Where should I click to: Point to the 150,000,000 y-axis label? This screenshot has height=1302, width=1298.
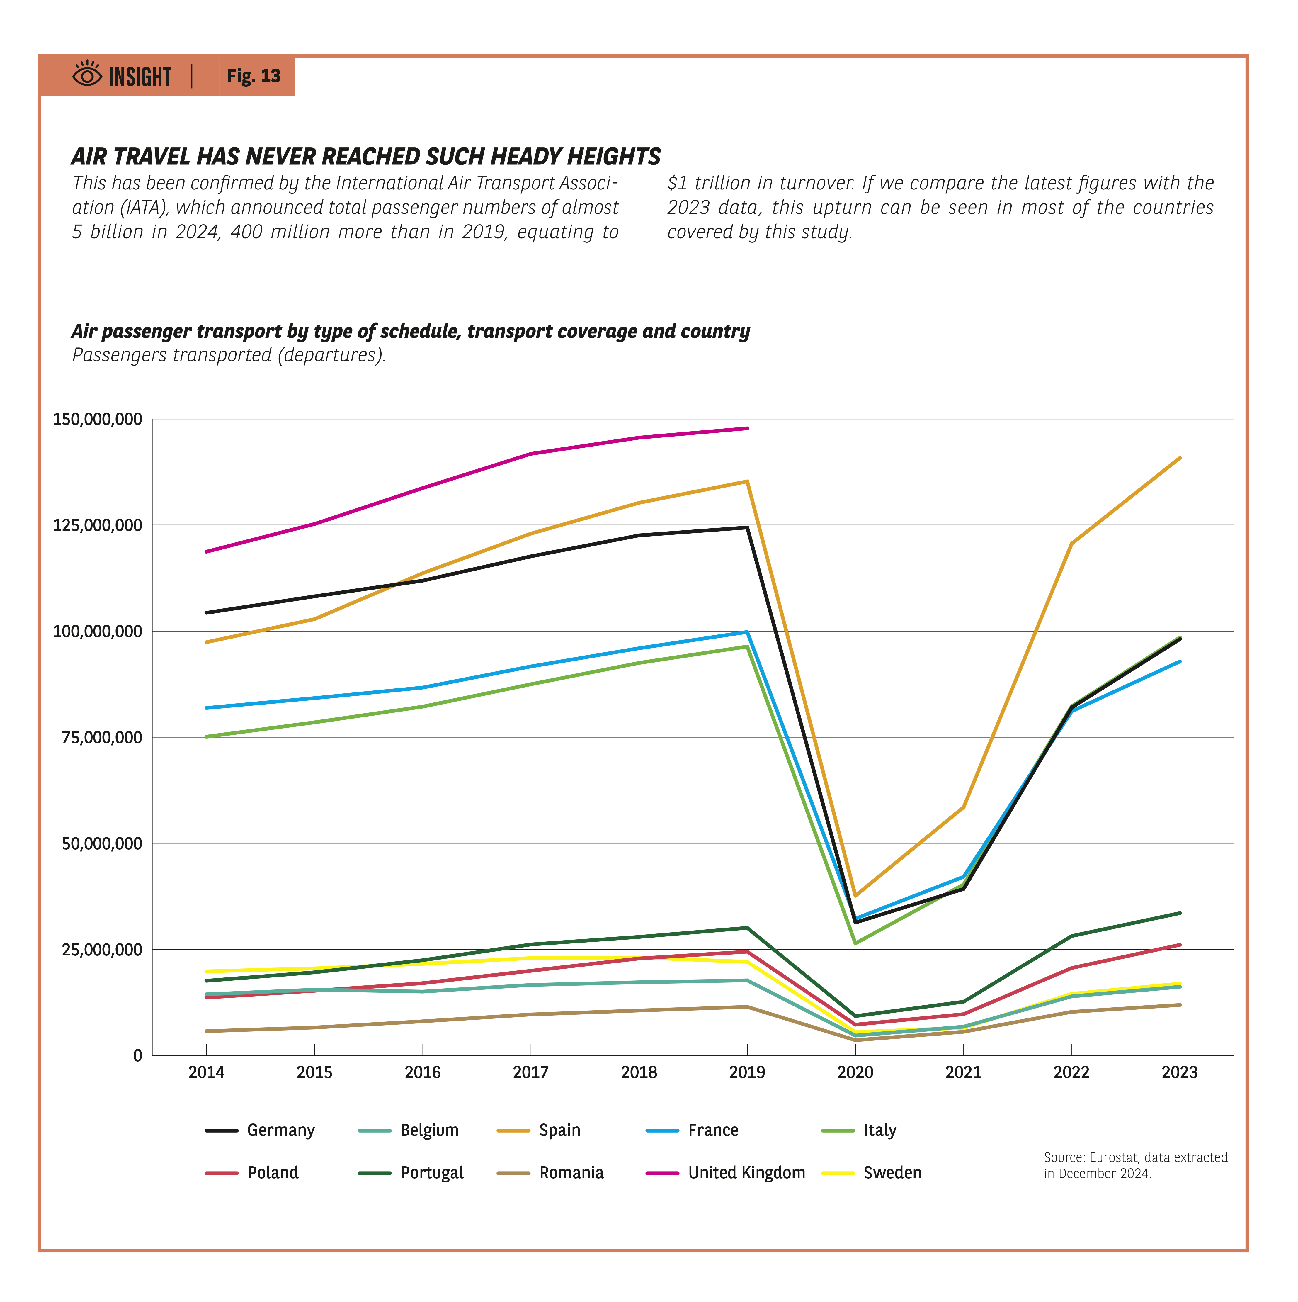point(98,419)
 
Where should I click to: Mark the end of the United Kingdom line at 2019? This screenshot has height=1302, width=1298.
point(747,428)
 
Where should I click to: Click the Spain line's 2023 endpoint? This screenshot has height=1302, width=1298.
point(1179,458)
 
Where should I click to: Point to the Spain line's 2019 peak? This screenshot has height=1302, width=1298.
point(747,481)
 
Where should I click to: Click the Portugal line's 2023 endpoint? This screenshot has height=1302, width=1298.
point(1179,913)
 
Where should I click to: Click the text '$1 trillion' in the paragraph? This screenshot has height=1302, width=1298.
point(711,183)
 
